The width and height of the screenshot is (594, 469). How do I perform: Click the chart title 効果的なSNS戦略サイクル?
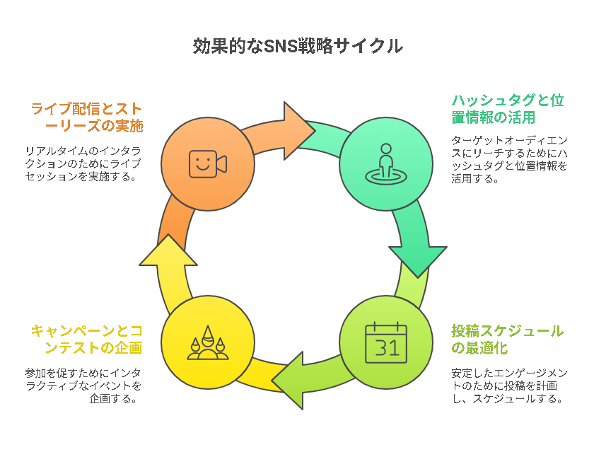coord(298,46)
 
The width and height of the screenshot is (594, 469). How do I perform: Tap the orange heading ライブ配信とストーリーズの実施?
coord(86,117)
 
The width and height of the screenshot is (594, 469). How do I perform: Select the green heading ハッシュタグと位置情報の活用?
coord(508,109)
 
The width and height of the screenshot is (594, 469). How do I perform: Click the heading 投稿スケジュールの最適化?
coord(507,339)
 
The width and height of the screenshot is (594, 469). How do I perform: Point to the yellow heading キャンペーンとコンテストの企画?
coord(86,339)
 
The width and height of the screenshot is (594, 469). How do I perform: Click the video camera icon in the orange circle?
coord(208,164)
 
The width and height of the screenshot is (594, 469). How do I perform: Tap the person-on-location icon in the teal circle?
coord(385,164)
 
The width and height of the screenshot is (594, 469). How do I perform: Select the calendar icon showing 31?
coord(385,342)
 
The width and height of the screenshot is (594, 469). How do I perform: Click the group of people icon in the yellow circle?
coord(208,342)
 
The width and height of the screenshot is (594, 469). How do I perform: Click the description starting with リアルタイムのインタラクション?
coord(83,163)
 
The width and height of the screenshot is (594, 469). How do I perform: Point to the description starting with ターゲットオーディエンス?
coord(509,159)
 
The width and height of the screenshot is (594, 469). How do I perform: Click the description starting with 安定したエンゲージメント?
coord(509,386)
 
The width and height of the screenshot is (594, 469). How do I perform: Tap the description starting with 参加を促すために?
coord(83,386)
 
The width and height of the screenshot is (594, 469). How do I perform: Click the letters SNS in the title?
coord(280,46)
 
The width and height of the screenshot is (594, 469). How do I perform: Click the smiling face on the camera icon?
coord(203,163)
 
